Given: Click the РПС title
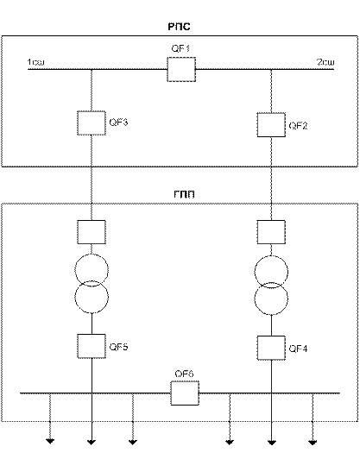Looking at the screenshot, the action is pos(179,27).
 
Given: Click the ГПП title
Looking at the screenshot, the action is pos(184,194).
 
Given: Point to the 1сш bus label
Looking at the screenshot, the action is pos(35,62).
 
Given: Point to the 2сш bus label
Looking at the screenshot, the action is pos(325,62).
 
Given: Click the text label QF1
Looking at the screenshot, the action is pos(180,48).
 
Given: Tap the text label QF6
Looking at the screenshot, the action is pos(184,374).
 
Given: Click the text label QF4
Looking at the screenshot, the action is pos(298,349).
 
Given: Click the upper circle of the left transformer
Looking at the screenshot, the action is pos(92,254).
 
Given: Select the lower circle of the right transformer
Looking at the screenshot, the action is pos(271,315).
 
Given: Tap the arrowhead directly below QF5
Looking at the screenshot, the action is pos(92,442).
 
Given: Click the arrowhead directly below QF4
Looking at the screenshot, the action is pos(272,442).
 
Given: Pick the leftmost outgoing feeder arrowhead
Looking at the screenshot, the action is pos(50,442).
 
